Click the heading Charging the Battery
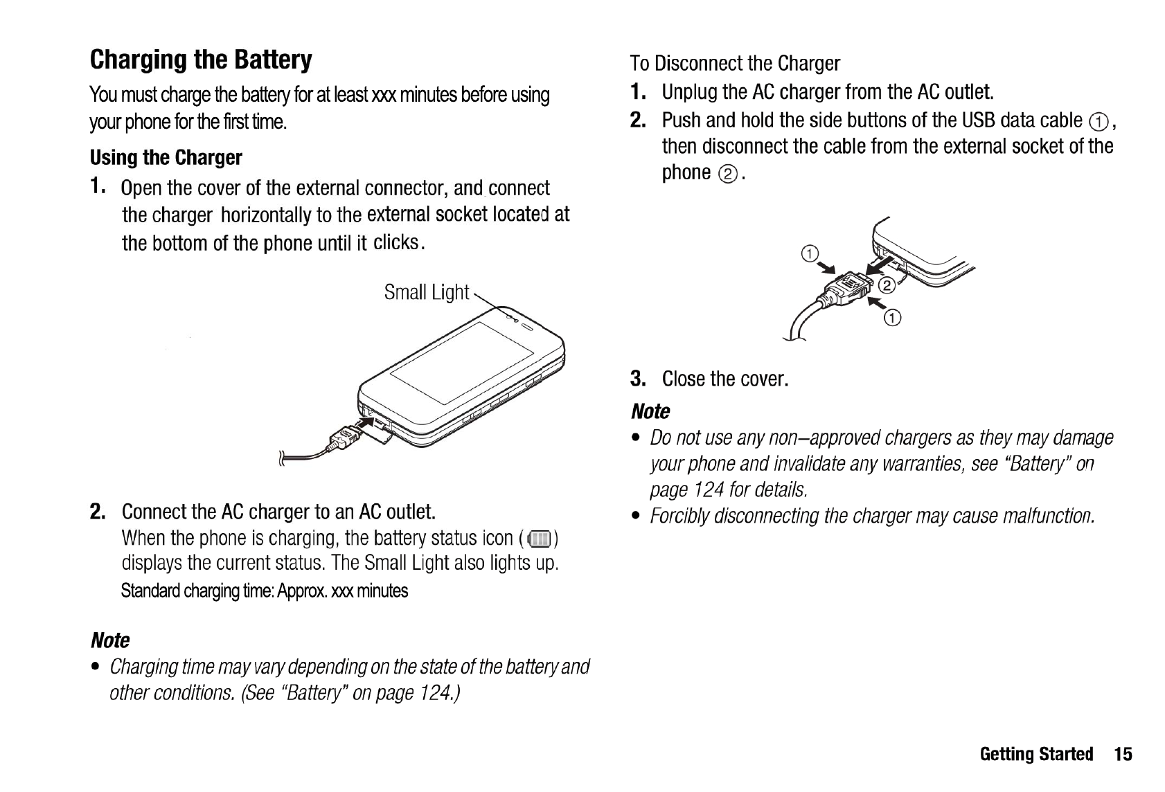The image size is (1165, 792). (x=201, y=60)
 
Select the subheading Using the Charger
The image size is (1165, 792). (x=166, y=158)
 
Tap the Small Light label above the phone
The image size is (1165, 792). (x=427, y=292)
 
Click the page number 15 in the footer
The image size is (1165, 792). (x=1123, y=754)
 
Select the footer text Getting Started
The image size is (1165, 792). (x=1036, y=754)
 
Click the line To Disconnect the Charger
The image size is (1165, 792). (x=735, y=64)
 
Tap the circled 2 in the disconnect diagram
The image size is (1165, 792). (x=885, y=286)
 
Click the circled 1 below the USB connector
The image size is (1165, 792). (x=893, y=318)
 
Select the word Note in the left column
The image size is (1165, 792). (x=110, y=640)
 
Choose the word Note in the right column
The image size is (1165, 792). (x=650, y=411)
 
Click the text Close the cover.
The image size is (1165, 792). (x=724, y=379)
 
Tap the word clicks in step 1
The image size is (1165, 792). (x=396, y=242)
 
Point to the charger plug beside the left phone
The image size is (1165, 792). (x=346, y=439)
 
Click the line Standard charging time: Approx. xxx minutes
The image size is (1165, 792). (x=265, y=591)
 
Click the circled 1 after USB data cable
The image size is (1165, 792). (x=1098, y=123)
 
